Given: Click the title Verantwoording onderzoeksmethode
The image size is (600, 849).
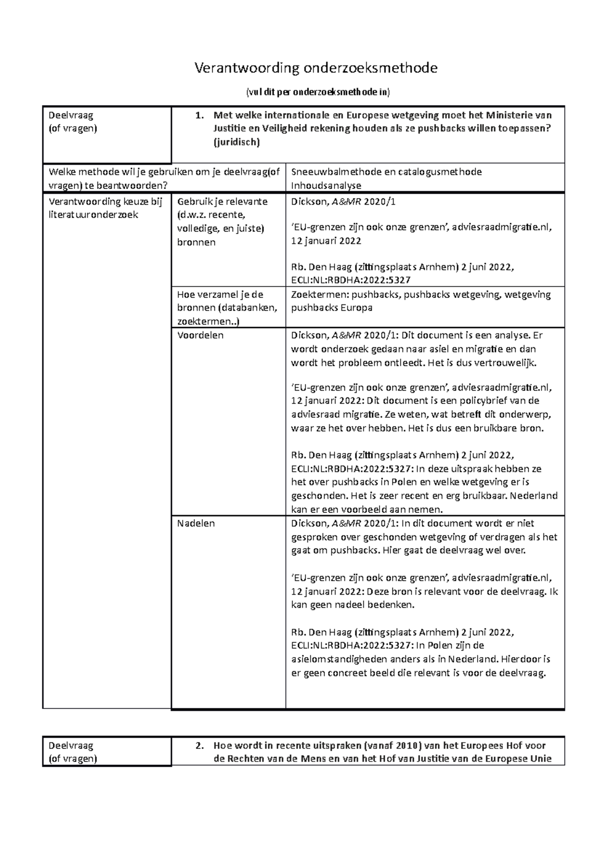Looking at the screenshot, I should [316, 68].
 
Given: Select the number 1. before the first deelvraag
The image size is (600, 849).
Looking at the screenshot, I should [199, 115].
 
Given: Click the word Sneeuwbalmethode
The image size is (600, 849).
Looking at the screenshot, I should [336, 172].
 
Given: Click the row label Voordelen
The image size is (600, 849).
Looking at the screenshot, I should [200, 335].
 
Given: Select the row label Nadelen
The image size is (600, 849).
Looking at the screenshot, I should [196, 523].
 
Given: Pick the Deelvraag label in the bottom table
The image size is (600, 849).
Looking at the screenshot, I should [71, 745].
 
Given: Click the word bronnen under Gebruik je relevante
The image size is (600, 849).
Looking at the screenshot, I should [196, 242].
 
